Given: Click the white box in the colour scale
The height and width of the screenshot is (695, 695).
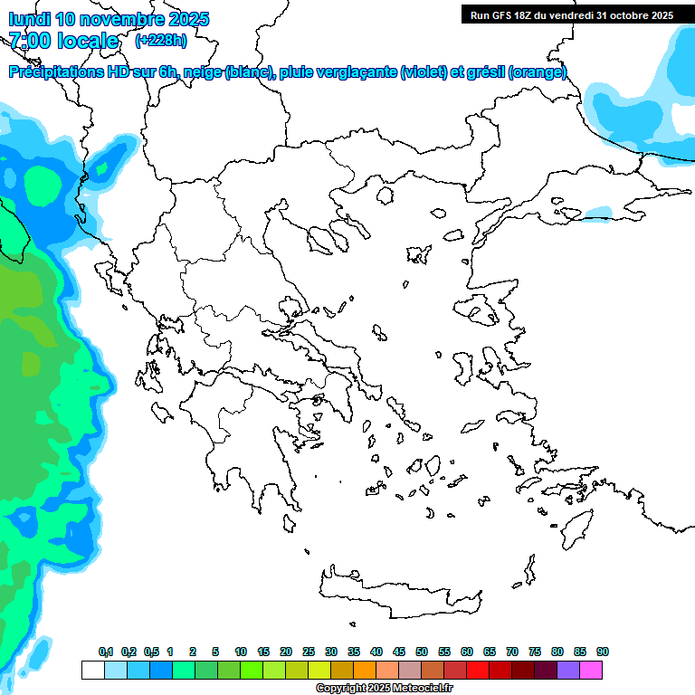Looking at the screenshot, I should click(92, 670).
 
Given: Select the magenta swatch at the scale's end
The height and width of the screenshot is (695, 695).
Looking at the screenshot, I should click(592, 670).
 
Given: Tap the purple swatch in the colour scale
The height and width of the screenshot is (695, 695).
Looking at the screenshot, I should click(569, 670).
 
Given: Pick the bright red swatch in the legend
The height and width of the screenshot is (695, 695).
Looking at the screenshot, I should click(478, 670).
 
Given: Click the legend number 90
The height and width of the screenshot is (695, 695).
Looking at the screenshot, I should click(603, 652).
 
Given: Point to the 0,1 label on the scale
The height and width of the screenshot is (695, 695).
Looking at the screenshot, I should click(106, 652).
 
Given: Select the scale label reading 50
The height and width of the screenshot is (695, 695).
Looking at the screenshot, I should click(422, 652).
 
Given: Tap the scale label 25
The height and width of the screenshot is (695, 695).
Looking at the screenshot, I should click(309, 652).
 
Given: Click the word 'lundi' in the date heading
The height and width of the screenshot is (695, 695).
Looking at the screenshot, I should click(31, 19).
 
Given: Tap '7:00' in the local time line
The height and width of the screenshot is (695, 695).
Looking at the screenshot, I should click(30, 41).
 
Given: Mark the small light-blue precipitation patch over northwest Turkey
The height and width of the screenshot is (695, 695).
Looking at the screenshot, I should click(598, 213).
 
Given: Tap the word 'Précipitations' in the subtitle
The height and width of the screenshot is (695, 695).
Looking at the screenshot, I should click(55, 72).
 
